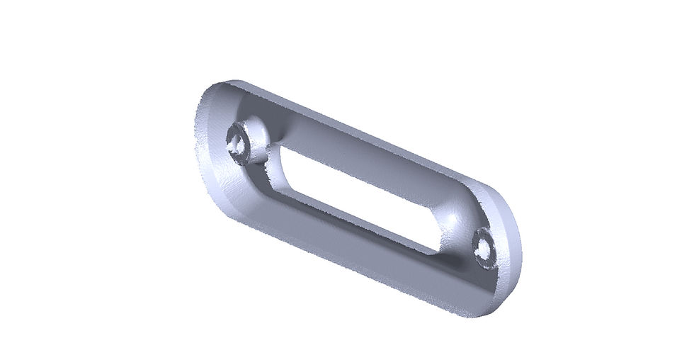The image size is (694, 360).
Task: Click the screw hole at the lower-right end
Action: pos(485,249)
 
